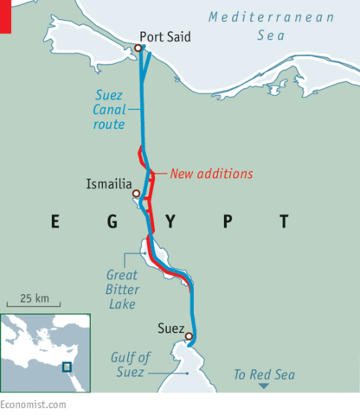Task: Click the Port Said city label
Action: point(165,37)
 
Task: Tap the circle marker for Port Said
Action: point(137,48)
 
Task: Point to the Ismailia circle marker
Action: point(136,194)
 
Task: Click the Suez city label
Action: point(172,329)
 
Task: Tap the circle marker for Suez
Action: point(189,337)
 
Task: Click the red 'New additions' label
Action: point(211,173)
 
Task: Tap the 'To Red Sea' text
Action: point(265,374)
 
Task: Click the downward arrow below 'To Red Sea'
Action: point(265,386)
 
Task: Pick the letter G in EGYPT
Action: point(112,222)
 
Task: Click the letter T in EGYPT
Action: point(283,222)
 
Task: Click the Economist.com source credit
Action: point(33,404)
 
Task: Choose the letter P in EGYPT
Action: point(227,222)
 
